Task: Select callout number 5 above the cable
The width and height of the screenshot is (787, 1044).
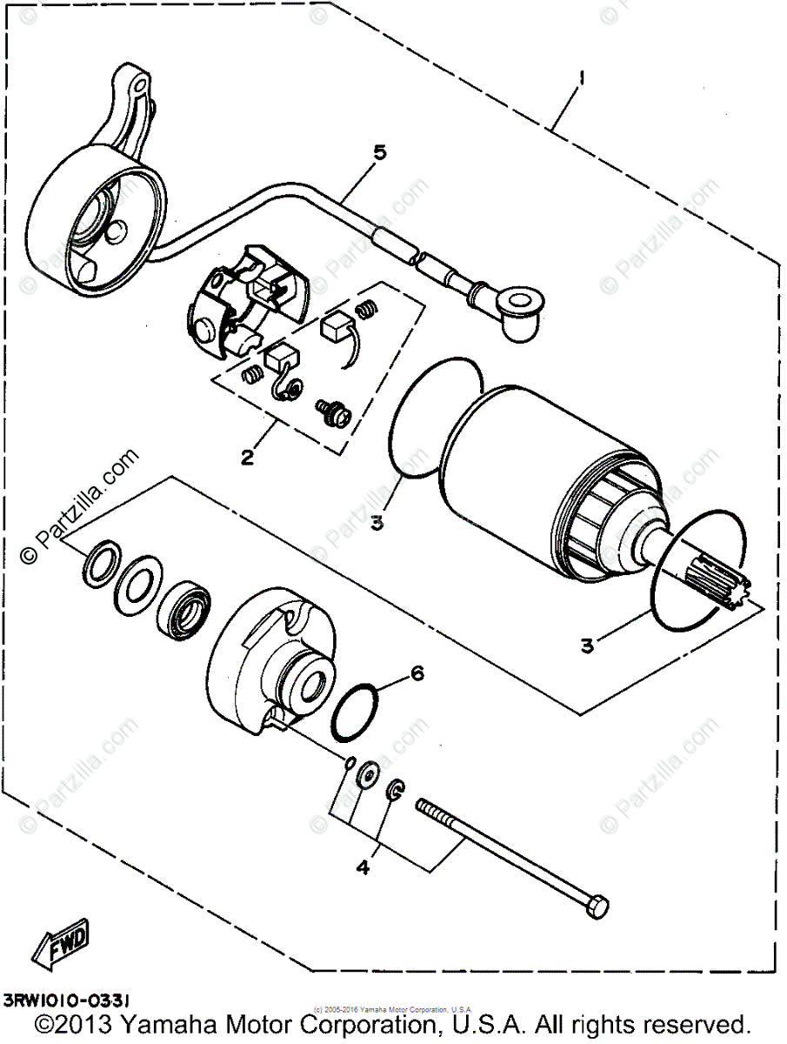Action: pos(355,153)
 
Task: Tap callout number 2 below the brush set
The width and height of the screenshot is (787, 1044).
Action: pos(248,457)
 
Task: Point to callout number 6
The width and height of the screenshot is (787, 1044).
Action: pos(417,673)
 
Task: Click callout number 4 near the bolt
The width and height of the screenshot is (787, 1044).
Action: pos(363,867)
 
